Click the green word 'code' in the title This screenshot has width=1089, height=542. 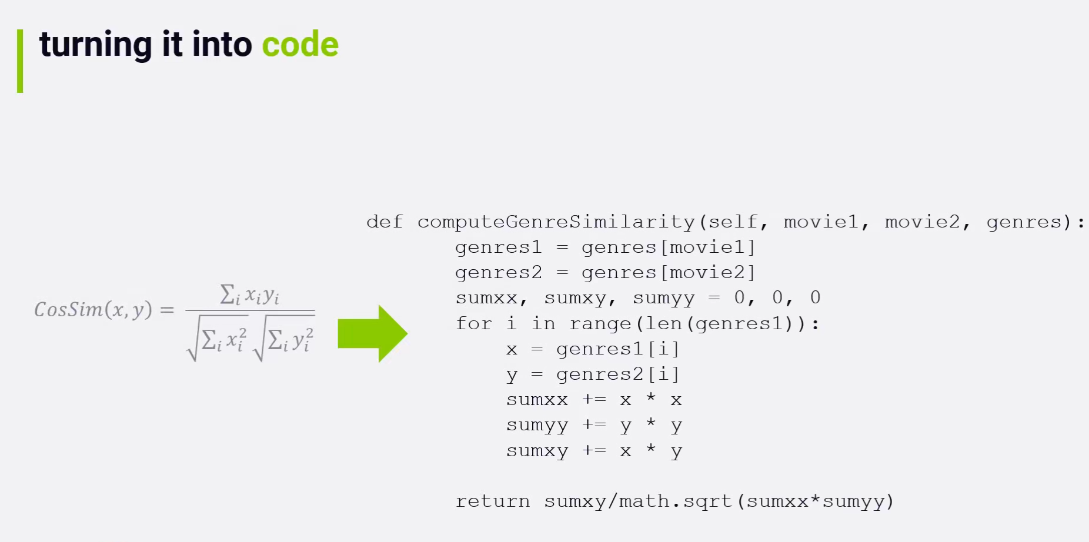[x=300, y=45]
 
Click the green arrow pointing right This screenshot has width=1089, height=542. [x=372, y=333]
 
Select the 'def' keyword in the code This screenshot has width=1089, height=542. [x=385, y=222]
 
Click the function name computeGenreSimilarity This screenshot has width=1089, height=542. [x=556, y=222]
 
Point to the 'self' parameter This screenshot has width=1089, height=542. [x=733, y=222]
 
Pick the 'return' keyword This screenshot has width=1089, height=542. [x=492, y=501]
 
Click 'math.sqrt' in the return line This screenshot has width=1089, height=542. [x=675, y=501]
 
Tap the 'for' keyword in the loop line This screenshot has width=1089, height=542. [x=473, y=324]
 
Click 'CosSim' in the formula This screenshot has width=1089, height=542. [x=68, y=310]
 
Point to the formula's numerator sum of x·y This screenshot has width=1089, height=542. [x=249, y=295]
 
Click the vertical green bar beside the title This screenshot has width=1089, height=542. [x=20, y=61]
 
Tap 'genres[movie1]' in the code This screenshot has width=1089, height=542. [x=668, y=247]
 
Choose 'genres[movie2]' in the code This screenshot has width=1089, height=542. [x=668, y=273]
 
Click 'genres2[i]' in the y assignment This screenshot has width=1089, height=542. [x=617, y=374]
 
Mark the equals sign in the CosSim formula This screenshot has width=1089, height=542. [x=167, y=310]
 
